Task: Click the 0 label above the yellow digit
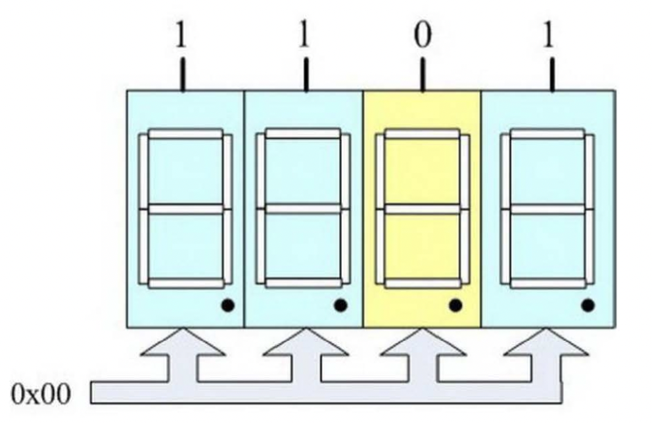pos(423,36)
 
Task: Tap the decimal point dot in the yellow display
pos(455,305)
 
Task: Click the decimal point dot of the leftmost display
pos(227,305)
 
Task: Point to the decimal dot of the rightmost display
pos(588,305)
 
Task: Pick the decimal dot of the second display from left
pos(340,305)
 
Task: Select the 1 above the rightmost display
pos(551,36)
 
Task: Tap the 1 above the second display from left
pos(304,36)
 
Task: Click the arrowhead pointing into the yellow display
pos(421,345)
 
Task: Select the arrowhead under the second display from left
pos(303,345)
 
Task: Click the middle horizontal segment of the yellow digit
pos(422,209)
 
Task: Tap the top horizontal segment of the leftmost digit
pos(185,134)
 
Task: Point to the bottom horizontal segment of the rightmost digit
pos(548,284)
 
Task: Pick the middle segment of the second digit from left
pos(303,209)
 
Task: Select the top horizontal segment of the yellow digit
pos(422,134)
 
